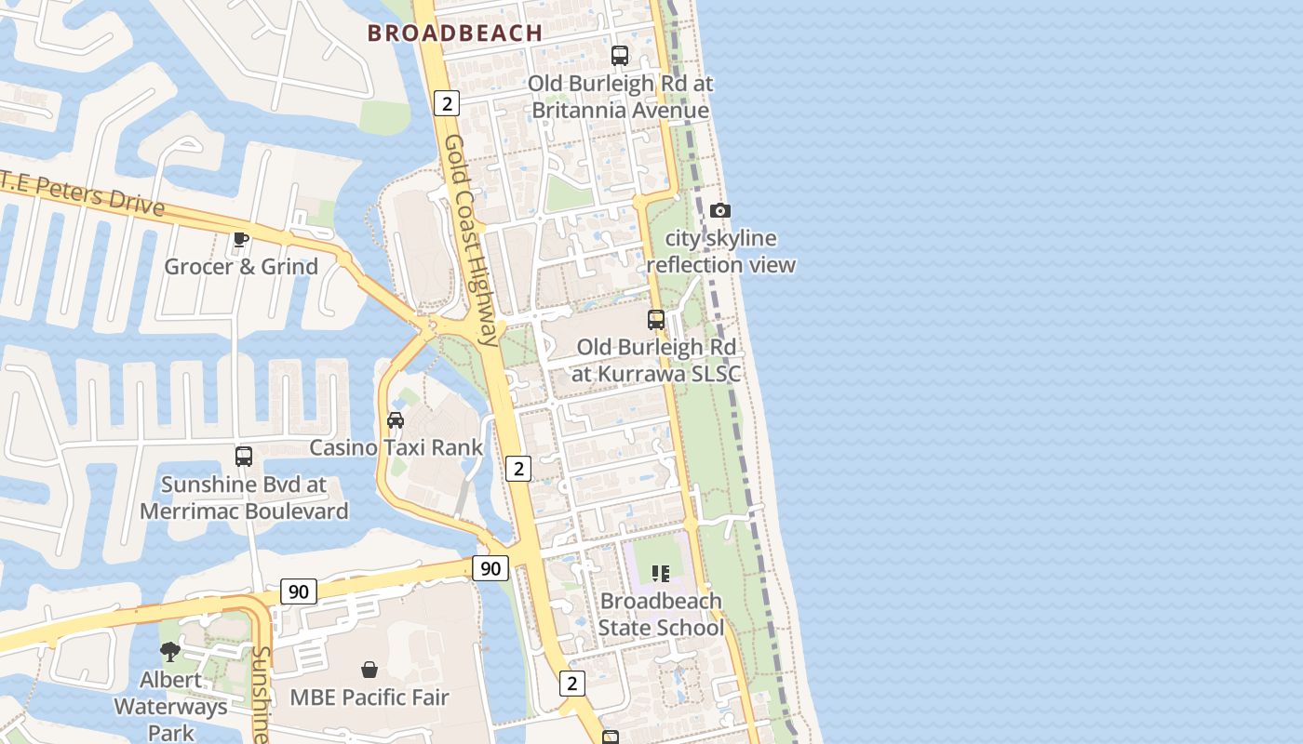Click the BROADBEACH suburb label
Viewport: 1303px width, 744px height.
click(454, 33)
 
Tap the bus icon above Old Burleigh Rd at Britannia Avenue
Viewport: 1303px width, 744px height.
click(620, 55)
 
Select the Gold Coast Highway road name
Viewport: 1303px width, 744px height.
click(471, 240)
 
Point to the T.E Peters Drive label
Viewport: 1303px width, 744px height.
click(82, 193)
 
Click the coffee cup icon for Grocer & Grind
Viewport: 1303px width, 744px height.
click(241, 240)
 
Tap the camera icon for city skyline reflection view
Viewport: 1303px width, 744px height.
click(720, 211)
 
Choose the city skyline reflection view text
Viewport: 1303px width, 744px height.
click(720, 252)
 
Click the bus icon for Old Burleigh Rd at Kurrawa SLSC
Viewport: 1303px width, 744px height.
click(656, 320)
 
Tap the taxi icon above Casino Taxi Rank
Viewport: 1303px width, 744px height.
click(396, 420)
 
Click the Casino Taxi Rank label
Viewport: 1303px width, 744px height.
click(396, 447)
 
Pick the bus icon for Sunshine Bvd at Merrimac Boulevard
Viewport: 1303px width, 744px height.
click(244, 457)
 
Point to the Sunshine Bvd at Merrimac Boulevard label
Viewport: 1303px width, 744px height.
click(244, 498)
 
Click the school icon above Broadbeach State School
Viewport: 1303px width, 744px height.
click(661, 574)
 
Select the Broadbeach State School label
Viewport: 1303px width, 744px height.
click(661, 614)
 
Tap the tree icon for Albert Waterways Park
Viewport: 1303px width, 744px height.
click(170, 652)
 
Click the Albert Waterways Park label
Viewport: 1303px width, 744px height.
click(171, 706)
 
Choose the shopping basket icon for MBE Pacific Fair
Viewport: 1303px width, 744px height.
click(369, 670)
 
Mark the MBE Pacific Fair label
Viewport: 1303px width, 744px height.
click(369, 697)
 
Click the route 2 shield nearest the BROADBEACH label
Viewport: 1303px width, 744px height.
click(447, 103)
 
